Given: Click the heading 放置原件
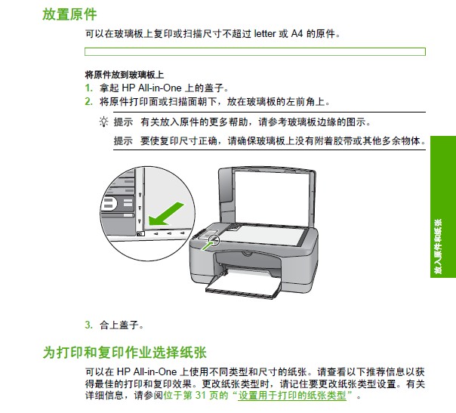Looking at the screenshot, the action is [x=69, y=14].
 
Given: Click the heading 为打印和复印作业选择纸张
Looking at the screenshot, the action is [x=125, y=352].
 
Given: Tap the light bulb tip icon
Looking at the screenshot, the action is [x=104, y=122].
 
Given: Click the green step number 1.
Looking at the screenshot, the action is [x=88, y=88].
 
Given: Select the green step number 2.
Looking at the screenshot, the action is [x=88, y=101].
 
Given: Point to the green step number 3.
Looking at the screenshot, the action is [x=88, y=325].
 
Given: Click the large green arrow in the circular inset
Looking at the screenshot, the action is [x=166, y=214].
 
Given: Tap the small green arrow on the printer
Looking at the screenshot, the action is [x=207, y=245].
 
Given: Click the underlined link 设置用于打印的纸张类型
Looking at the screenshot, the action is [x=292, y=396].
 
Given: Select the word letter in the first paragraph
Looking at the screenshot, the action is [x=265, y=34].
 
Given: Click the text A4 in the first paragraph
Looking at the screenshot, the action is [x=297, y=34].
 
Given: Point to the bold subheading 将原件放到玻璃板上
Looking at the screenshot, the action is [x=124, y=75].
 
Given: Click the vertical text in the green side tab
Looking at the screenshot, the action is [x=438, y=246].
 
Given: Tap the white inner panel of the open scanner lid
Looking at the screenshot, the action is [x=271, y=198].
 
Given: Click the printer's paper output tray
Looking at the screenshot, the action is [x=243, y=286].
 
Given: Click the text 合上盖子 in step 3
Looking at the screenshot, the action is [x=119, y=325].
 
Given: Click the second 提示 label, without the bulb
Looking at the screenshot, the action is [x=123, y=140].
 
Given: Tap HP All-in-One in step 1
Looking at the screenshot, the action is [x=151, y=88].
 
